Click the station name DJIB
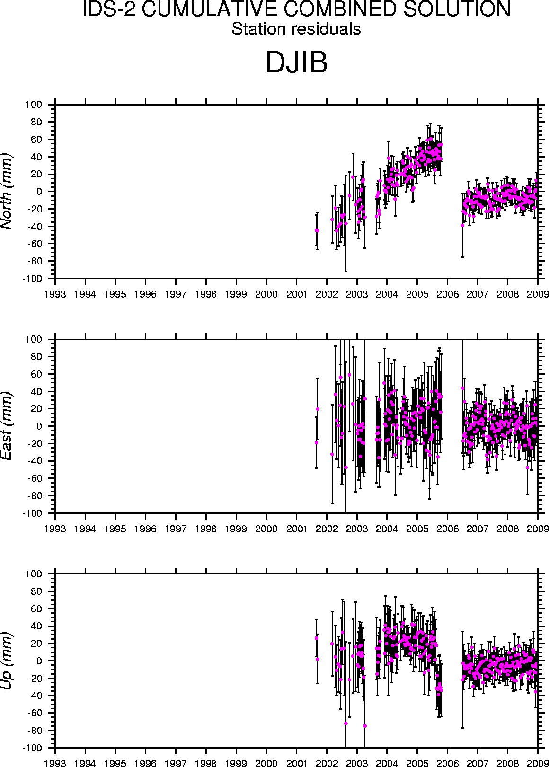(296, 62)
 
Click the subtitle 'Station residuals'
(296, 29)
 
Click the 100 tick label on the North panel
(35, 105)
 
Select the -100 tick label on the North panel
(33, 279)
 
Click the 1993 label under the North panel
(55, 294)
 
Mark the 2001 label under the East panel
(296, 529)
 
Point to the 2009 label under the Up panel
(538, 763)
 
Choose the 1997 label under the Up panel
(176, 763)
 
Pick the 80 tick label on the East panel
(37, 357)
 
